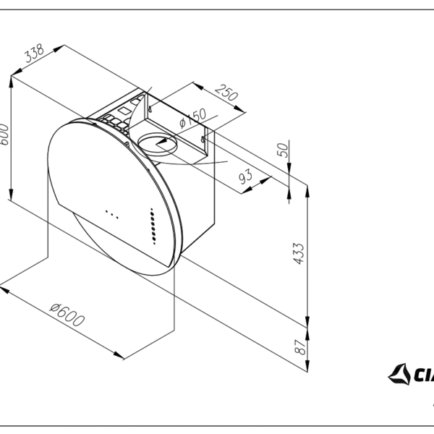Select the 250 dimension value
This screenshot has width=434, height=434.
tap(226, 95)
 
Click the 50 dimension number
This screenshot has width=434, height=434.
tap(283, 150)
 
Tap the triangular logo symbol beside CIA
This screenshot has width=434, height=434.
tap(399, 374)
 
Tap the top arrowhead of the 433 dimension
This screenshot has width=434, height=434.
tap(309, 190)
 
